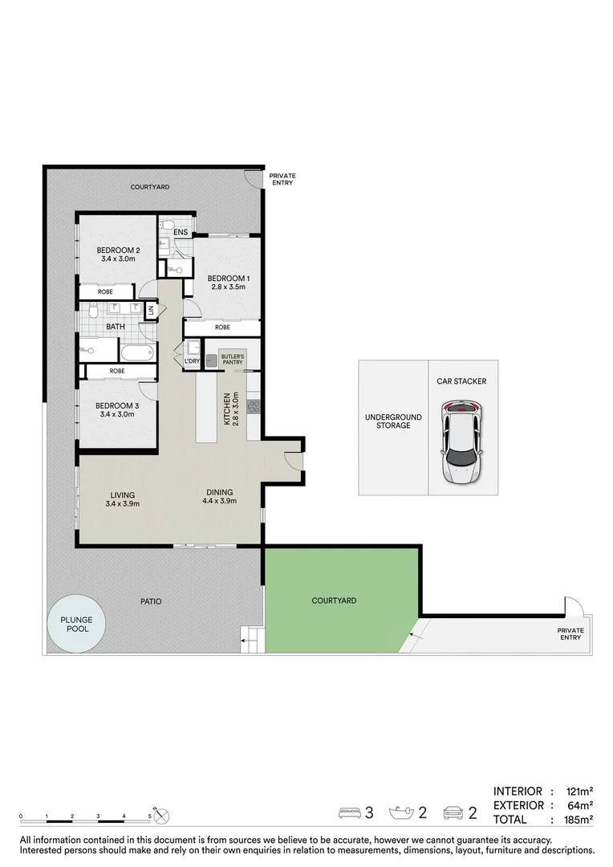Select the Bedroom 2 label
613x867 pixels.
119,250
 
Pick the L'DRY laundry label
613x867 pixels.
192,361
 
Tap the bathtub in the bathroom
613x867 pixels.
137,352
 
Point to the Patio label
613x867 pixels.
151,600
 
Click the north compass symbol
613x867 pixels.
163,816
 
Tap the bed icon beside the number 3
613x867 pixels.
351,813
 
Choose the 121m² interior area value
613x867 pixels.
577,791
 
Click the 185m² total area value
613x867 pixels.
577,820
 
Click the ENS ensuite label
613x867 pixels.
181,233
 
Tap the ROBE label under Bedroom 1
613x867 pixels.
222,328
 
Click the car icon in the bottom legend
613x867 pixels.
453,813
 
